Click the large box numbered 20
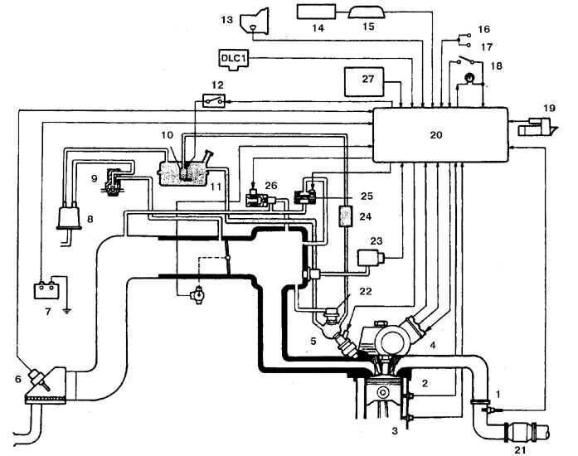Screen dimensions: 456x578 pyautogui.click(x=440, y=134)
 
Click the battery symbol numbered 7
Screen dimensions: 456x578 pyautogui.click(x=43, y=291)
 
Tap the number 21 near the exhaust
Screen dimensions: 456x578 pyautogui.click(x=522, y=449)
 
